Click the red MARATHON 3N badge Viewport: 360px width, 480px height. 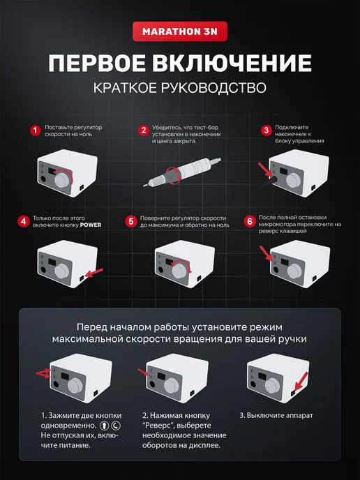click(180, 31)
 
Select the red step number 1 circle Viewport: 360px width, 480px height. click(35, 130)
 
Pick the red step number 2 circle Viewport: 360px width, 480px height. click(143, 130)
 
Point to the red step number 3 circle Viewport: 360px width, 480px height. click(267, 130)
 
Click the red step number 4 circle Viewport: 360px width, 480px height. click(24, 221)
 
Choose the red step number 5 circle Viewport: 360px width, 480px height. click(130, 221)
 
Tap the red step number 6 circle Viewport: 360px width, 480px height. click(250, 221)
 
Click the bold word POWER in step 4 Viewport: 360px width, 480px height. click(91, 225)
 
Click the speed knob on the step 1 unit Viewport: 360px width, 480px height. click(63, 179)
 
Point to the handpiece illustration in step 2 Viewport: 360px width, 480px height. click(183, 172)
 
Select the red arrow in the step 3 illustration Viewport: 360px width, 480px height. click(265, 170)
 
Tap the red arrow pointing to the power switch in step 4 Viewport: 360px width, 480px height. click(94, 273)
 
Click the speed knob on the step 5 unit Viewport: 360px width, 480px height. click(180, 270)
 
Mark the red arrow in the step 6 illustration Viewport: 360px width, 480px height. click(266, 253)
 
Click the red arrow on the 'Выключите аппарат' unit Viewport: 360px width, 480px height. click(301, 382)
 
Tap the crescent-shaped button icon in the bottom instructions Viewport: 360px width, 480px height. click(116, 426)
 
